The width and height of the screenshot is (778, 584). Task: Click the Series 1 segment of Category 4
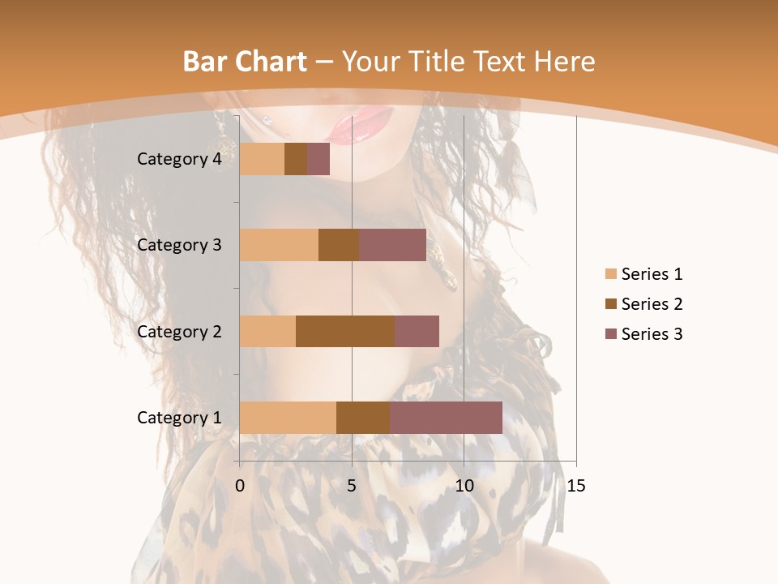pos(262,159)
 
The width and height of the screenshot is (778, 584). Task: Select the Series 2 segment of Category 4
pos(296,159)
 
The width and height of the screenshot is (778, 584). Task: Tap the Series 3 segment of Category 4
pos(318,159)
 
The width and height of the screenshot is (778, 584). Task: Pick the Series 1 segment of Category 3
pos(279,245)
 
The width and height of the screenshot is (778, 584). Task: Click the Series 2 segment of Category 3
pos(339,245)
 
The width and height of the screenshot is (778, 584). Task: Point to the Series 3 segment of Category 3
pos(392,245)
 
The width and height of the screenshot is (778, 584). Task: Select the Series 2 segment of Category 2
pos(345,331)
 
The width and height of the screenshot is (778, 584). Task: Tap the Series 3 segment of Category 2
pos(417,331)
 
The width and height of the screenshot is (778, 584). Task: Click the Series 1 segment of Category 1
pos(288,418)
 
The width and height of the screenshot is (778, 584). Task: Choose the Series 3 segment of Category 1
pos(446,418)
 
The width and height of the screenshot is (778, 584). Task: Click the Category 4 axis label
pos(179,159)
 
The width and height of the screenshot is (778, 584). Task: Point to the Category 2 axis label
pos(179,331)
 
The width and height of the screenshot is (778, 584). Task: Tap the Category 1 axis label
pos(179,418)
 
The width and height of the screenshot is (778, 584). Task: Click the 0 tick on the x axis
pos(240,486)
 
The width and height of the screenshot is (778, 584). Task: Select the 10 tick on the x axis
pos(464,486)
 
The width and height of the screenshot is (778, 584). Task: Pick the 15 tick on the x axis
pos(575,486)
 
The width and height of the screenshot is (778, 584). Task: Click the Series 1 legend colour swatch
pos(610,274)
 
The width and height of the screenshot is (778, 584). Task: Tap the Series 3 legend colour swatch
pos(610,334)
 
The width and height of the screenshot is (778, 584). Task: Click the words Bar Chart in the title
pos(245,62)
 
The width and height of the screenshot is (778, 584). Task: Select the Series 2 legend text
pos(652,304)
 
